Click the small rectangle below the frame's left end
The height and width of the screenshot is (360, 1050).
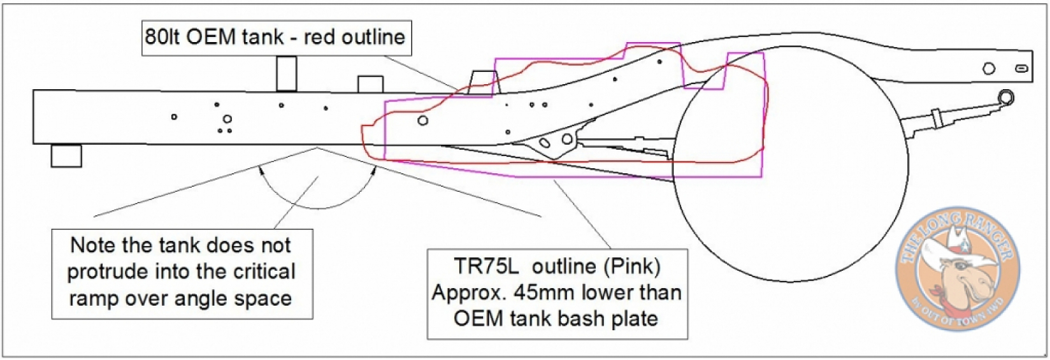[x=66, y=156]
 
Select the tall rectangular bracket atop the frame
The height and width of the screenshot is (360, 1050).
[x=286, y=73]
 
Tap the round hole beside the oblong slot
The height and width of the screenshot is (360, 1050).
[x=989, y=68]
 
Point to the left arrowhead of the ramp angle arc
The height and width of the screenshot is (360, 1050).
[x=261, y=169]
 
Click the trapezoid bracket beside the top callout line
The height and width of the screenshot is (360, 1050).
[x=482, y=83]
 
